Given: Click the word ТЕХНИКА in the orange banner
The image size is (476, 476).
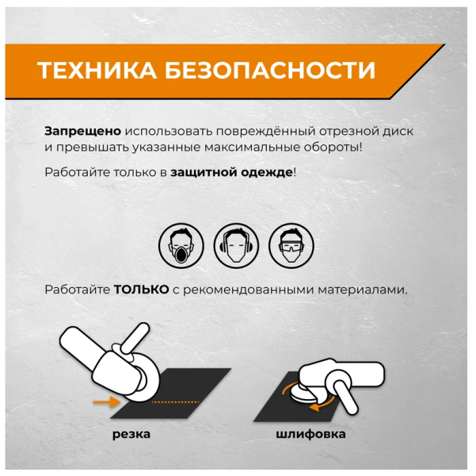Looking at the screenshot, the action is [97, 71].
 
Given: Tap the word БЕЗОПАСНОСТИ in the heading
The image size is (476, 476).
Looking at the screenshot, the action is [270, 71].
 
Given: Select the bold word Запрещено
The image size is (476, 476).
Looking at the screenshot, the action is [83, 132].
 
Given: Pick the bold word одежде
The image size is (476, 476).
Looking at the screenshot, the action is [267, 172].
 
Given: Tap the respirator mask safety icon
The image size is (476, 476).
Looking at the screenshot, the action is [181, 246].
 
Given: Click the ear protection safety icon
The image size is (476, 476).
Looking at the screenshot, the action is [236, 246].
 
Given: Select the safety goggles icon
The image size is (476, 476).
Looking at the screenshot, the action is [291, 246].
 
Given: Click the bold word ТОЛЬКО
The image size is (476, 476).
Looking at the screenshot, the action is [141, 290].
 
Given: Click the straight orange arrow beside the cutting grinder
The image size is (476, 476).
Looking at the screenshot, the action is [107, 402].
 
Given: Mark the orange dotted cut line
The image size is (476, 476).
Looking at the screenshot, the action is [175, 402].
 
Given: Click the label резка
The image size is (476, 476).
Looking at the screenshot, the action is [131, 434].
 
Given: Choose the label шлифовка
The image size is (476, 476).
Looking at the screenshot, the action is [310, 434].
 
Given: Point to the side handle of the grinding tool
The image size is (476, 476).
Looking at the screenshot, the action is [347, 397].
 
